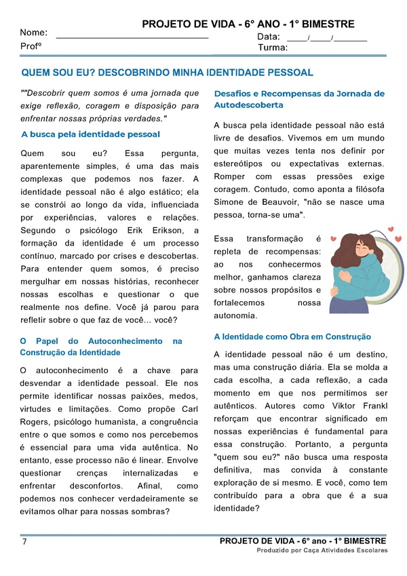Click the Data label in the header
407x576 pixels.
[x=269, y=37]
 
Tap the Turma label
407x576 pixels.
[x=273, y=48]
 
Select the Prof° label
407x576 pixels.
[x=31, y=46]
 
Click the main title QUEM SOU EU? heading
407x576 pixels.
[x=168, y=73]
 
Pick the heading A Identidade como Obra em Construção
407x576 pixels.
[x=292, y=337]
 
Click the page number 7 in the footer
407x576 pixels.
[x=24, y=542]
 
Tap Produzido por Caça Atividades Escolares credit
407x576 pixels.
[x=322, y=550]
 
